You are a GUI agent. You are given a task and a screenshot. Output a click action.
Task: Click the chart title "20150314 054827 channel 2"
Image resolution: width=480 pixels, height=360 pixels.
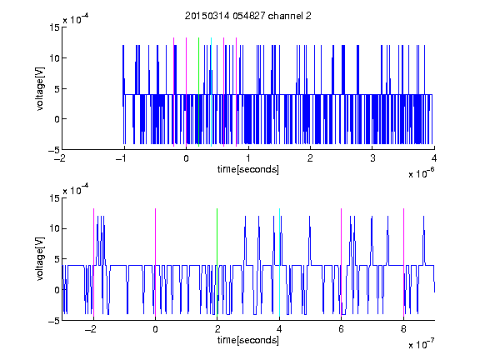tap(248, 16)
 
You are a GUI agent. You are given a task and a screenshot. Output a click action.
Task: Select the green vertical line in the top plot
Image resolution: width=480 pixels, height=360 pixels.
tap(198, 92)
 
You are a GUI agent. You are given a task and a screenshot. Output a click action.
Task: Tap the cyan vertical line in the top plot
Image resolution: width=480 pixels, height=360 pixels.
tap(211, 92)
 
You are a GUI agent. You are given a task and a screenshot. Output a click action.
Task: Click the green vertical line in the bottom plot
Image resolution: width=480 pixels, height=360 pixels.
tap(217, 262)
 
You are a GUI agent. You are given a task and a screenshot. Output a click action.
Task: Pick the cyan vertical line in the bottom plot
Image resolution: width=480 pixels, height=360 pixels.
tap(279, 262)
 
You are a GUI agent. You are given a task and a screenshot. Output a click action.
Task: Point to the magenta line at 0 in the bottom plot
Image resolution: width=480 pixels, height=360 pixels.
tap(155, 262)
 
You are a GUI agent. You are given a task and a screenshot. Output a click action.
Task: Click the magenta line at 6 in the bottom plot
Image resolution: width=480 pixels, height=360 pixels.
tap(342, 262)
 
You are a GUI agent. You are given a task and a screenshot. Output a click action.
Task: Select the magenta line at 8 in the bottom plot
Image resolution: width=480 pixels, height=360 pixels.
tap(403, 262)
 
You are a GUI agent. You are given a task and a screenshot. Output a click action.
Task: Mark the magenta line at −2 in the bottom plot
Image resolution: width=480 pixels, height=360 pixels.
tap(93, 262)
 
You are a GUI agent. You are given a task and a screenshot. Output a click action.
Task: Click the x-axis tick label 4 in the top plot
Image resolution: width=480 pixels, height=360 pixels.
tap(434, 158)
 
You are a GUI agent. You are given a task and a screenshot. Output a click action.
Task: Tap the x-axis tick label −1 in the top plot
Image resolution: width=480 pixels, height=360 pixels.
tap(121, 158)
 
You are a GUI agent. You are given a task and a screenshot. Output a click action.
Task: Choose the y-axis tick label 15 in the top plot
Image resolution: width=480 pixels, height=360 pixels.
tap(54, 27)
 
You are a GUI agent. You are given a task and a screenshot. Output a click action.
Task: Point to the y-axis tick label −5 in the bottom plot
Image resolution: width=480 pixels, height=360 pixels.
tap(54, 321)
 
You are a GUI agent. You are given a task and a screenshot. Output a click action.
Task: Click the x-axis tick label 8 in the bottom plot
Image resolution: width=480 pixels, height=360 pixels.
tap(403, 329)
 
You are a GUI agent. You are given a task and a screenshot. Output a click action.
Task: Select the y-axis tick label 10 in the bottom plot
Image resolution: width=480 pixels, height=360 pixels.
tap(54, 228)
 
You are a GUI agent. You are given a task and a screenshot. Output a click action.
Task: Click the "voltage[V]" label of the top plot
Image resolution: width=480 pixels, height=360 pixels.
tap(40, 89)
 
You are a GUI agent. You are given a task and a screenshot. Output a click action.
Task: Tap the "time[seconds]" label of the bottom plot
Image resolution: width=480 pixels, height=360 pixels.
tap(248, 340)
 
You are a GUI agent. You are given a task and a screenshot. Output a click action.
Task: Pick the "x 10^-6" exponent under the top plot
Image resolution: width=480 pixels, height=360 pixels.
tap(421, 172)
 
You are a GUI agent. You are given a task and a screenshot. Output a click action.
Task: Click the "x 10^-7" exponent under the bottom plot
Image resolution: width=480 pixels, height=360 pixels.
tap(421, 343)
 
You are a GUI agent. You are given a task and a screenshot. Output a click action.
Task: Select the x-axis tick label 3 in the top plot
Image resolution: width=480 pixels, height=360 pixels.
tap(372, 158)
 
